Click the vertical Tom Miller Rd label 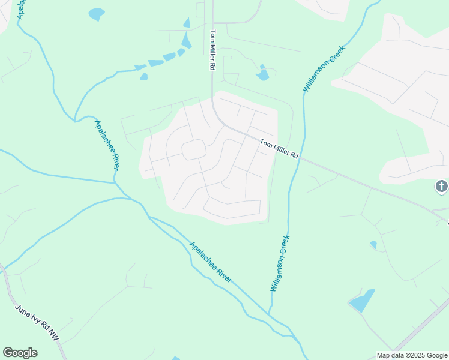tap(212, 51)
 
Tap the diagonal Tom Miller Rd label tap(279, 148)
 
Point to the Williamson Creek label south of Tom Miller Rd tap(280, 263)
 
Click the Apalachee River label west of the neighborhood tap(107, 145)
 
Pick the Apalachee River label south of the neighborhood tap(210, 262)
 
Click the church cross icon tap(441, 187)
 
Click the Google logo tap(20, 353)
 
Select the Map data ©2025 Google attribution tap(412, 355)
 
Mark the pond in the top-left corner tap(96, 14)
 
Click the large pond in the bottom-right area tap(361, 301)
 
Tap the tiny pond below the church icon tap(373, 245)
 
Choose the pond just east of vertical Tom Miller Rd tap(262, 74)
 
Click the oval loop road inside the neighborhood tap(194, 150)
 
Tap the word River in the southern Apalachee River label tap(223, 275)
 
